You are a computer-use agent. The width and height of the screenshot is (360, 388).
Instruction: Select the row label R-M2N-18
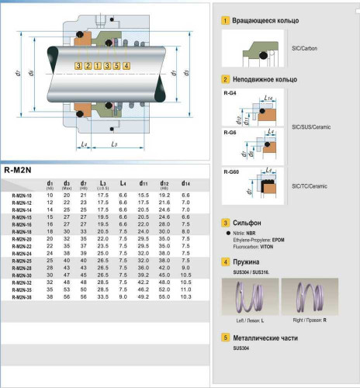point(22,231)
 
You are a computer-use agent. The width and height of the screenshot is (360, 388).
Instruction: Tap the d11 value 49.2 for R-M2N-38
point(143,296)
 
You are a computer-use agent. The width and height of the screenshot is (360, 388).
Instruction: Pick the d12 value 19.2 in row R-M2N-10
point(164,195)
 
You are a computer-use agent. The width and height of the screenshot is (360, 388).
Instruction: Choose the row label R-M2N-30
point(22,275)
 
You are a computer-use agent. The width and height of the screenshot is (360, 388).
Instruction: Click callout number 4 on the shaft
point(115,66)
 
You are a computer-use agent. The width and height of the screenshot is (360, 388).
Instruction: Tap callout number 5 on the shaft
point(125,66)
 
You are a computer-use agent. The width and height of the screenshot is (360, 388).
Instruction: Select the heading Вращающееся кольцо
point(266,20)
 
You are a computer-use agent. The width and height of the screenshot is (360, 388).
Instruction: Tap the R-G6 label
point(230,132)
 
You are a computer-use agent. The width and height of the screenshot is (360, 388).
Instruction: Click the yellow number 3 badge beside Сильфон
point(225,222)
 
